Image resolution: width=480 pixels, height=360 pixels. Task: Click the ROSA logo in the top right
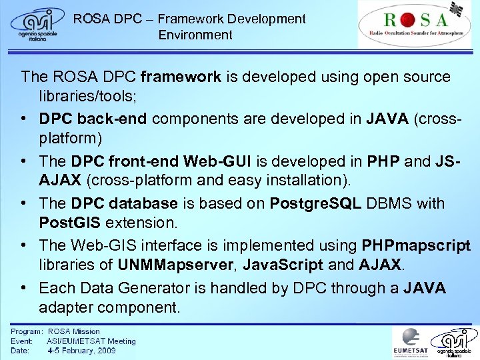point(414,24)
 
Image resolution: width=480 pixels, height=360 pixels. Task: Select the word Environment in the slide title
point(195,35)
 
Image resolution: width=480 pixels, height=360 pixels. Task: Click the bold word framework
point(183,77)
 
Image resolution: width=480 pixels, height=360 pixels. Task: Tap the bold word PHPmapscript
point(415,245)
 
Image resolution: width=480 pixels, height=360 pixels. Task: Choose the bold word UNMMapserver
point(176,264)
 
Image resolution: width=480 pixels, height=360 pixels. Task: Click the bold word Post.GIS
point(73,221)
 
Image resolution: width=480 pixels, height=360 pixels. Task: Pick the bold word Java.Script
point(283,264)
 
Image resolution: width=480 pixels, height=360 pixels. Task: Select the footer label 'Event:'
point(23,341)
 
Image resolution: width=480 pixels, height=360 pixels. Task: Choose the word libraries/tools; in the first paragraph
point(88,97)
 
